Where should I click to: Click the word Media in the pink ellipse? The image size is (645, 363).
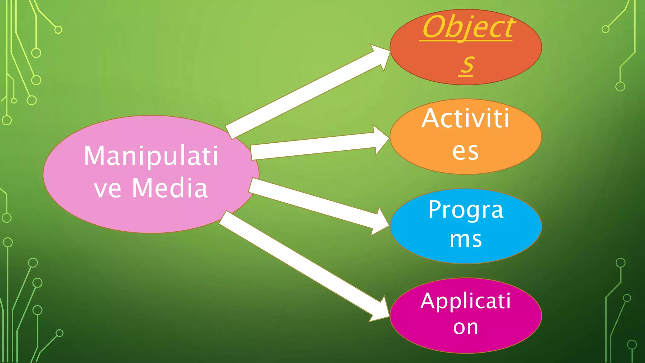pyautogui.click(x=170, y=188)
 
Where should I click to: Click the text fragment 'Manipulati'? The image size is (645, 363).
pyautogui.click(x=151, y=156)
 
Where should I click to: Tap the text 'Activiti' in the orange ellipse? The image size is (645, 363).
pyautogui.click(x=465, y=118)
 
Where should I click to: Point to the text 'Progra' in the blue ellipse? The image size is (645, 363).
pyautogui.click(x=466, y=210)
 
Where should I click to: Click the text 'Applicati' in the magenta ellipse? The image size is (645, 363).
pyautogui.click(x=465, y=301)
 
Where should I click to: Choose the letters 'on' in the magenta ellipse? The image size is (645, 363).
pyautogui.click(x=465, y=327)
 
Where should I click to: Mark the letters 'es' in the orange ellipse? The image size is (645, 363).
pyautogui.click(x=465, y=152)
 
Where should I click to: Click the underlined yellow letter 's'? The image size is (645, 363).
pyautogui.click(x=467, y=65)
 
